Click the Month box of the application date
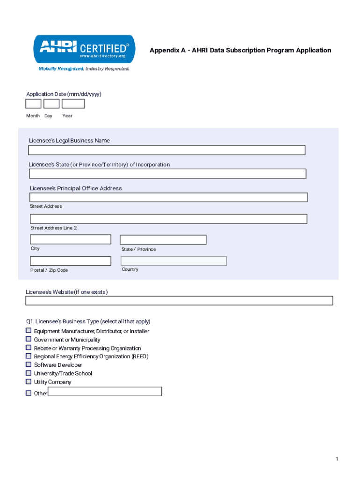tap(33, 104)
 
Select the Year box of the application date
tap(73, 104)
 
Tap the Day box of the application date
tap(51, 104)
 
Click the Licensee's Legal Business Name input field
tap(166, 150)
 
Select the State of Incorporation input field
tap(167, 174)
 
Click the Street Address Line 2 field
tap(168, 219)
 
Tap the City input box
tap(71, 239)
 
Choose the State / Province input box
tap(163, 240)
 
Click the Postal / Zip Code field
tap(71, 261)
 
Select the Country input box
tap(173, 261)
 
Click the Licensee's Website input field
tap(179, 301)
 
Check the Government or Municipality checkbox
tap(29, 339)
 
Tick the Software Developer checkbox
tap(29, 364)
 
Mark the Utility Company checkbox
tap(29, 382)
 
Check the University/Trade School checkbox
tap(29, 373)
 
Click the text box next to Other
tap(105, 392)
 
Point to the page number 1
tap(337, 459)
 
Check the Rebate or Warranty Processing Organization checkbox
tap(29, 348)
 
